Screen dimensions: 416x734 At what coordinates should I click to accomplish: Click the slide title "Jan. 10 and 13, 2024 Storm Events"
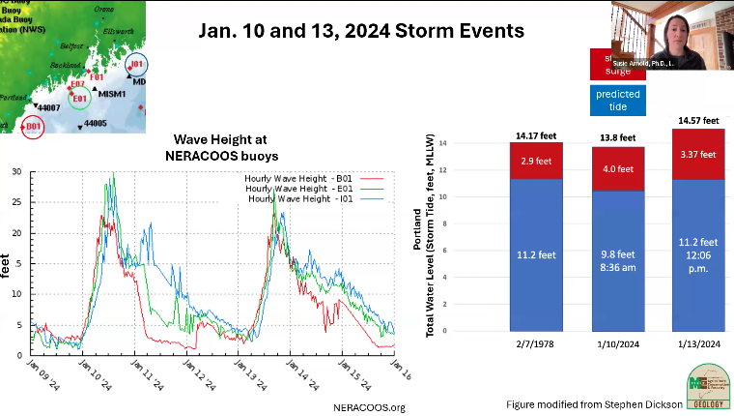pyautogui.click(x=361, y=31)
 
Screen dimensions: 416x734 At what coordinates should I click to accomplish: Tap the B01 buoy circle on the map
pyautogui.click(x=34, y=126)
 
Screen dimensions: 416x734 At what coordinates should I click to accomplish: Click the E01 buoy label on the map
pyautogui.click(x=80, y=98)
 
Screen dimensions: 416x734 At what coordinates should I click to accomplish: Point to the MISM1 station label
pyautogui.click(x=113, y=94)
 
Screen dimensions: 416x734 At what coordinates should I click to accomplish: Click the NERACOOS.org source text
pyautogui.click(x=369, y=407)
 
